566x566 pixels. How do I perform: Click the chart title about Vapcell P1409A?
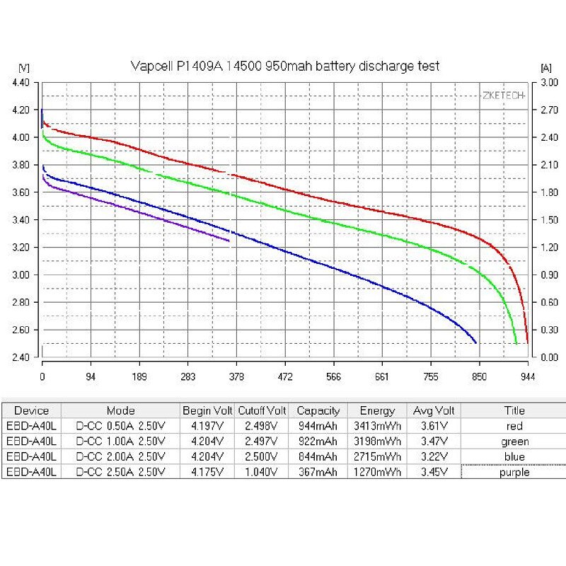point(285,66)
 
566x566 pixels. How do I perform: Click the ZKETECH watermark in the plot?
point(504,95)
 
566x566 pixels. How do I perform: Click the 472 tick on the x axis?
point(285,376)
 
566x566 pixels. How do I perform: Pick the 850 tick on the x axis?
point(479,376)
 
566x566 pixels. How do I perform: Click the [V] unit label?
point(23,68)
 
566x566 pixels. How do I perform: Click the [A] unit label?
point(545,68)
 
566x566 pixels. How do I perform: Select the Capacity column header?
point(318,410)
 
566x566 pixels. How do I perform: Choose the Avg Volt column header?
point(434,410)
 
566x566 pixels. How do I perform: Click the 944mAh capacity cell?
point(318,426)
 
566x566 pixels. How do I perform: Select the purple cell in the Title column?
point(514,473)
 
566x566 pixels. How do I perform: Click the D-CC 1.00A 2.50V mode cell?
point(120,441)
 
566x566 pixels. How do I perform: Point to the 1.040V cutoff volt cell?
point(262,473)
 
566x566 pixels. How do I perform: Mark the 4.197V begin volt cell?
point(207,426)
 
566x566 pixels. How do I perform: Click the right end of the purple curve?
point(229,241)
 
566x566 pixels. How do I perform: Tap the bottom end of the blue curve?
point(475,342)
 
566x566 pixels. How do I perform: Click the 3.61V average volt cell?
point(434,426)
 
